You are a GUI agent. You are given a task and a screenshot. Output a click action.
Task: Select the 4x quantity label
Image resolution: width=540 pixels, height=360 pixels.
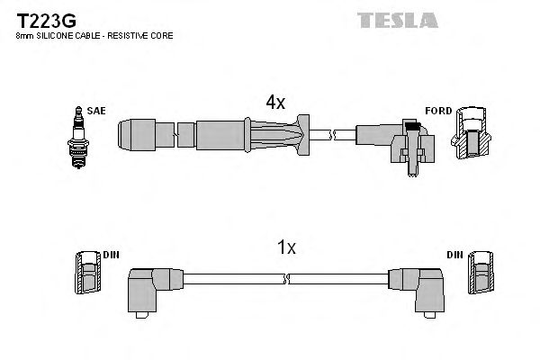274,103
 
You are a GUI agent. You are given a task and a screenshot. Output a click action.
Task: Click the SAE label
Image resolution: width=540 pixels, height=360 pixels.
97,110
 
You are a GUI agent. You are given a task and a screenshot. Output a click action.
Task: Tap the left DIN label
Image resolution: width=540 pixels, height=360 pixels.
111,255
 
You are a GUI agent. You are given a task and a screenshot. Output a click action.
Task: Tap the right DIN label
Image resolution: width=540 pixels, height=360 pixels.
457,255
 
